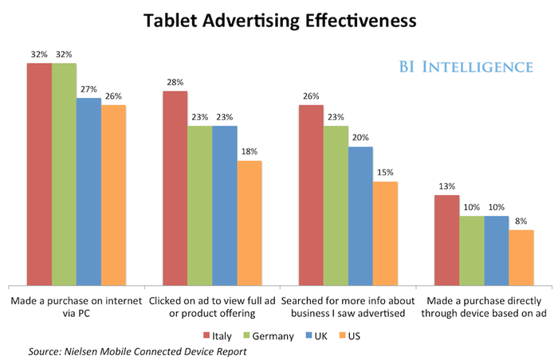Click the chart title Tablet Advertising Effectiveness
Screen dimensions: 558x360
click(280, 21)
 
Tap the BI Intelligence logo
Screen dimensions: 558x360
click(466, 67)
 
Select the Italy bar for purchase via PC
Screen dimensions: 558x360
click(40, 174)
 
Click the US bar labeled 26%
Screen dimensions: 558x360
click(113, 195)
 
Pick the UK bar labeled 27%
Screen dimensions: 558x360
click(89, 192)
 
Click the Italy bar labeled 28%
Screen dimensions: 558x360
click(175, 188)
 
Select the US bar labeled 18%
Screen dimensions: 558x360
click(250, 223)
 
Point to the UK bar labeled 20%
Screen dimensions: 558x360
click(361, 217)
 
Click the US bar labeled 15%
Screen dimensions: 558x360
click(385, 233)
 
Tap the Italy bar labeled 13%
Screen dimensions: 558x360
click(447, 241)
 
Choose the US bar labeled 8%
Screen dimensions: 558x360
click(521, 258)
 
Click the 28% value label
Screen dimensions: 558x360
click(175, 83)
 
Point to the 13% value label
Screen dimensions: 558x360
click(447, 186)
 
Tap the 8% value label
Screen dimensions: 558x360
click(521, 221)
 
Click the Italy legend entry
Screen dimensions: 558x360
click(218, 336)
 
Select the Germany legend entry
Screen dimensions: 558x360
click(269, 336)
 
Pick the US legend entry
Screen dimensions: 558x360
click(349, 336)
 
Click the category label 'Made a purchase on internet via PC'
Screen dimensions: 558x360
click(77, 307)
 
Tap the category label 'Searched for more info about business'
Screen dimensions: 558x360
click(348, 307)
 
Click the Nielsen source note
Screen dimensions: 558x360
click(137, 352)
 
